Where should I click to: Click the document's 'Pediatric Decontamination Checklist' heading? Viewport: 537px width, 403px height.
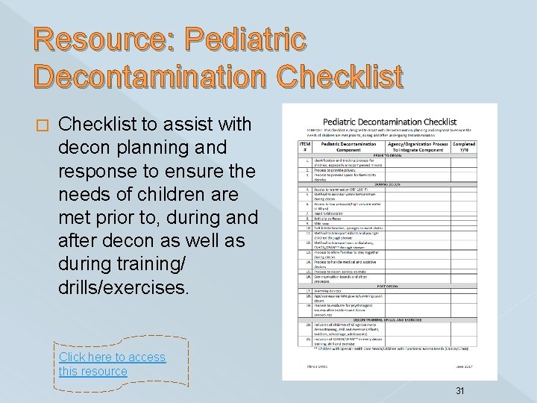click(x=389, y=121)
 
